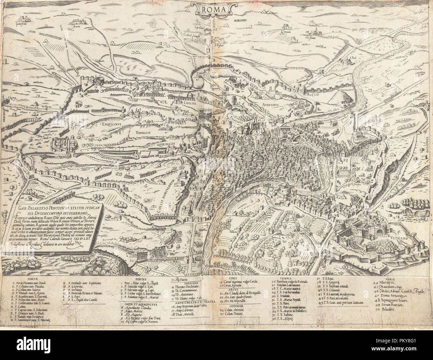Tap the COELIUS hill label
189,103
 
